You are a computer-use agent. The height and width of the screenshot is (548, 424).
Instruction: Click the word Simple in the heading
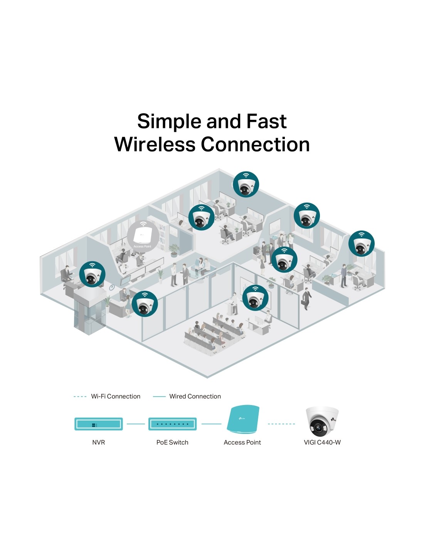170,122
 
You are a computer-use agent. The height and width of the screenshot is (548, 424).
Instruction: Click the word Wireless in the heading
155,145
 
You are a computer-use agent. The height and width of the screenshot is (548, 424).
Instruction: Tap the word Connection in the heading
255,145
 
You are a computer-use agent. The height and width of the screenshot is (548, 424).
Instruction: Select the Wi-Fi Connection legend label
116,397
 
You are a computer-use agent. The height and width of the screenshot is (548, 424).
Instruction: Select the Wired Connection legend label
195,397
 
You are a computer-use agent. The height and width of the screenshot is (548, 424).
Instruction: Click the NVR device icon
99,424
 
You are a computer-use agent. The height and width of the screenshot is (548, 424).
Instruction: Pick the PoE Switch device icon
173,424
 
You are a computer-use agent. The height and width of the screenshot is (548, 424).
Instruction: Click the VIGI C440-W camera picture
322,422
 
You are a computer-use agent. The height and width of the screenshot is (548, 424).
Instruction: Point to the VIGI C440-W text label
322,442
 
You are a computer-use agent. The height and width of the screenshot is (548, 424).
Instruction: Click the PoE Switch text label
172,442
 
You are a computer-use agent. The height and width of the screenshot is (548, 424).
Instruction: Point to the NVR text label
99,442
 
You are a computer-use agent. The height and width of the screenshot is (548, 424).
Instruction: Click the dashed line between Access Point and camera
281,424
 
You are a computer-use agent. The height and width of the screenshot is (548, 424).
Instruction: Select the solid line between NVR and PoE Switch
136,424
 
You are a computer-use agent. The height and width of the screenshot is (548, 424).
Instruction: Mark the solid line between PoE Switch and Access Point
211,424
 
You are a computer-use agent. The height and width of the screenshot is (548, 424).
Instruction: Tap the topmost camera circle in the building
246,185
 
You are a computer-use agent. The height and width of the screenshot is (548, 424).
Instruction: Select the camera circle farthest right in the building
362,244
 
